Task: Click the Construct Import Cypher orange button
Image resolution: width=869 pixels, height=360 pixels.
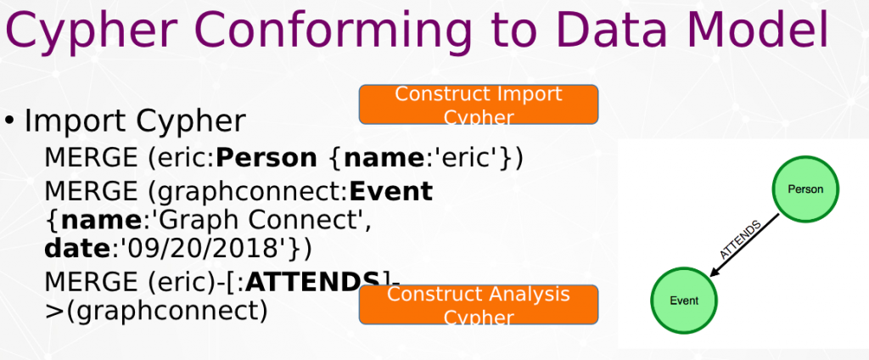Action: (479, 104)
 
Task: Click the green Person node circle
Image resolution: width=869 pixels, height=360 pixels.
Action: (805, 189)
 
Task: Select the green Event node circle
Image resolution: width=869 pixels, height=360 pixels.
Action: (684, 301)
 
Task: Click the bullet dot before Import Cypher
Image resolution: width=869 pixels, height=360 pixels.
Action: (9, 120)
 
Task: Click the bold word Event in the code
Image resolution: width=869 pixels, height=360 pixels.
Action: (390, 191)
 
